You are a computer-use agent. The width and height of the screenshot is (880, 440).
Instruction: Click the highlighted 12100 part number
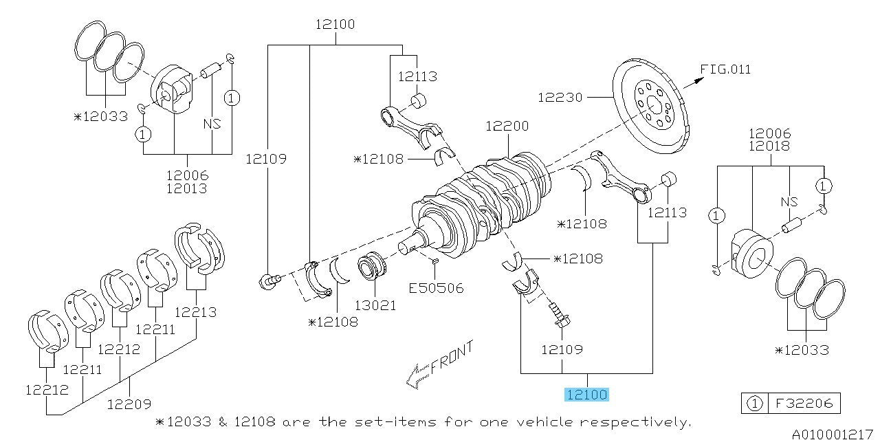coord(586,395)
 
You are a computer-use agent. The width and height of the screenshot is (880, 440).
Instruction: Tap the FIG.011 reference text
coord(725,69)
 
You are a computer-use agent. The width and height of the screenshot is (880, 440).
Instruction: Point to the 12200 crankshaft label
coord(507,126)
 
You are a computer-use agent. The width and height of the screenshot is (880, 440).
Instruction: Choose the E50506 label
coord(436,288)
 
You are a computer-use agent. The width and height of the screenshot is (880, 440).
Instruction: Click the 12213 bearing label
coord(196,312)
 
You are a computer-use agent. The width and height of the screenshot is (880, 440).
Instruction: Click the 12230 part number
coord(560,98)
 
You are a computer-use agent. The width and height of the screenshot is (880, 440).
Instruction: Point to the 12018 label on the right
coord(770,146)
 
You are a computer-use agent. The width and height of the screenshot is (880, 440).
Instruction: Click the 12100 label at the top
coord(335,25)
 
